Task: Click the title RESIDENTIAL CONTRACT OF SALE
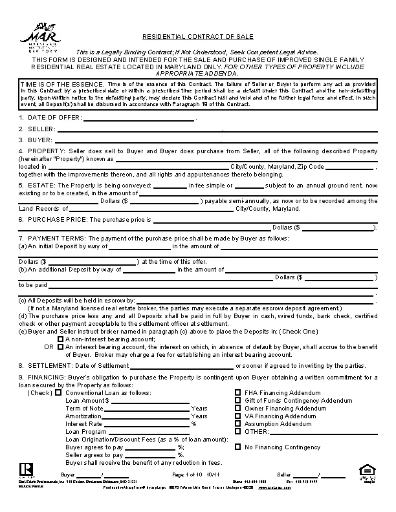(x=197, y=37)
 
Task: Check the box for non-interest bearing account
(x=61, y=339)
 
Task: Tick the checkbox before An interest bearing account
(x=61, y=347)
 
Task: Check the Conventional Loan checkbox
(x=58, y=392)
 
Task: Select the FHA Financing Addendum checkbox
(x=238, y=392)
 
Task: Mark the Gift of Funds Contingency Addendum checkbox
(x=238, y=400)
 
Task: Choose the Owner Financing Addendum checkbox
(x=238, y=408)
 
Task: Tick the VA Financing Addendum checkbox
(x=238, y=416)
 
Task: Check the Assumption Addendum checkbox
(x=238, y=423)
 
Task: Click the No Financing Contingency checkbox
(x=238, y=447)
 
